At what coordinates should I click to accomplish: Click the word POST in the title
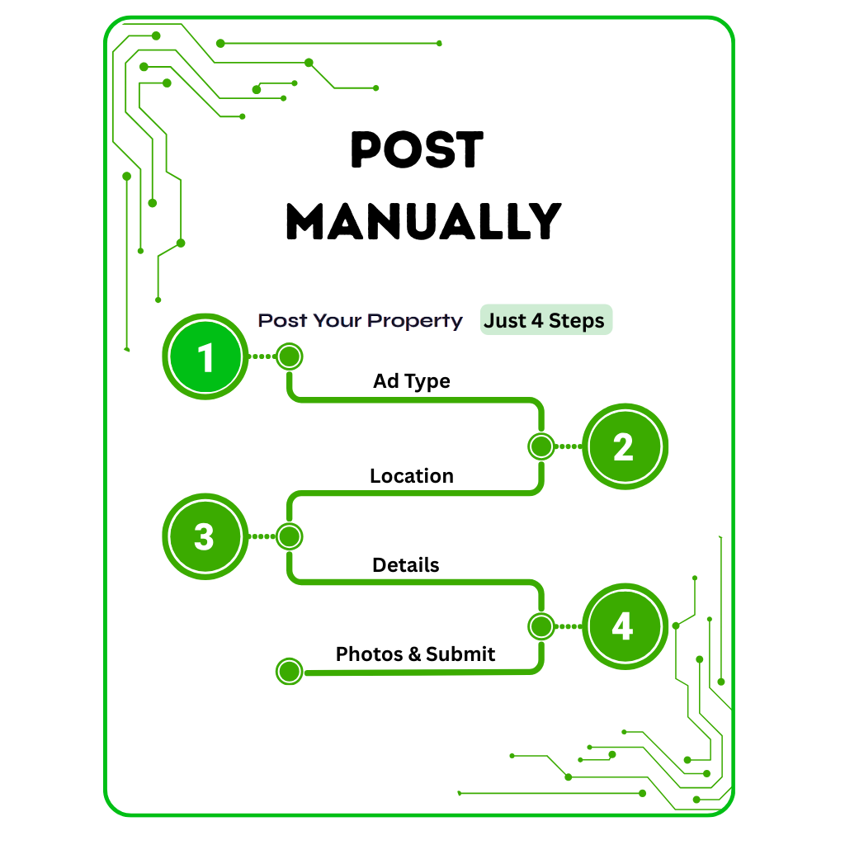coord(417,151)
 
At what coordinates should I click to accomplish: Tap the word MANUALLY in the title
coord(423,221)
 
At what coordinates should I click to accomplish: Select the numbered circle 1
coord(205,356)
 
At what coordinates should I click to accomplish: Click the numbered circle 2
coord(624,446)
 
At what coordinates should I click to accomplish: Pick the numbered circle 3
coord(205,536)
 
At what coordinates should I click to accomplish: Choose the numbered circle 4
coord(623,625)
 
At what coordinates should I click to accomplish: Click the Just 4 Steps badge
coord(545,320)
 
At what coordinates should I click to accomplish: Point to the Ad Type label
coord(412,381)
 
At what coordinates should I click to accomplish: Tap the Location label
coord(412,476)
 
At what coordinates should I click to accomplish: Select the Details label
coord(406,565)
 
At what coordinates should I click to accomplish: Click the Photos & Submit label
coord(415,654)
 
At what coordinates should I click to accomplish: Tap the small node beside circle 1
coord(289,356)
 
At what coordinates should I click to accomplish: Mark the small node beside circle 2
coord(541,446)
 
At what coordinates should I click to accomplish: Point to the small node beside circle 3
coord(289,536)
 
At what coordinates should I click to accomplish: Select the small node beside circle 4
coord(541,625)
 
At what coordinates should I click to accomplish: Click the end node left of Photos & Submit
coord(289,672)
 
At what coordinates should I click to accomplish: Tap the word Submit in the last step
coord(460,654)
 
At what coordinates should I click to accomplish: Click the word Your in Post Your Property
coord(336,320)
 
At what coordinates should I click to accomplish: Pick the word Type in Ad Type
coord(428,382)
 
